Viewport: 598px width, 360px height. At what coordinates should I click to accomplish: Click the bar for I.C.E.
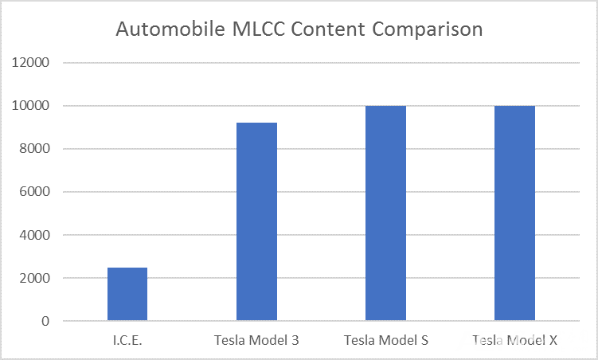[x=127, y=294]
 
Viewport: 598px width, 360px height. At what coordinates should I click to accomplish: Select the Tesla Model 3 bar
[x=256, y=221]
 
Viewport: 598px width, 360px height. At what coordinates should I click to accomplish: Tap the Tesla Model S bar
[x=385, y=213]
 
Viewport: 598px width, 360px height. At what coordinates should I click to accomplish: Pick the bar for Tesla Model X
[x=515, y=213]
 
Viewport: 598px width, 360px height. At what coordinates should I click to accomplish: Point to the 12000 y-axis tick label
[x=30, y=62]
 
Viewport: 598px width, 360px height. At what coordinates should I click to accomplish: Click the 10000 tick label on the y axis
[x=30, y=106]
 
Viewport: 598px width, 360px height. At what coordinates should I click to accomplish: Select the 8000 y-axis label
[x=34, y=149]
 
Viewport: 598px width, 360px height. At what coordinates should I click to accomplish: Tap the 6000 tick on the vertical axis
[x=34, y=192]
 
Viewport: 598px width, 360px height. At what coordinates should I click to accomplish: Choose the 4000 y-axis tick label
[x=34, y=235]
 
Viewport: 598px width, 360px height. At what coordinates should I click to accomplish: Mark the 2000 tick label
[x=34, y=278]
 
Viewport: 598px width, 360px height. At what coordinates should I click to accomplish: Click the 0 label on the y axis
[x=45, y=321]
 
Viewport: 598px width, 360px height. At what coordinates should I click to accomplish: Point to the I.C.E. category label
[x=127, y=340]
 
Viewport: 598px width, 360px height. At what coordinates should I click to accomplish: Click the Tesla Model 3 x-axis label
[x=256, y=340]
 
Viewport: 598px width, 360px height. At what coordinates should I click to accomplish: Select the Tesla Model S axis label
[x=386, y=340]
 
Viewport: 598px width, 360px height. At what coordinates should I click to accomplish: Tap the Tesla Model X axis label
[x=515, y=340]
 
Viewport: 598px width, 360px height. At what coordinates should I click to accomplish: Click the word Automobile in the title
[x=170, y=29]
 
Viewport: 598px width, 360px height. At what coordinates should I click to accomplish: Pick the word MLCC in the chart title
[x=259, y=29]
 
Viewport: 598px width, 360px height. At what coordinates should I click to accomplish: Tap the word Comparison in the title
[x=427, y=29]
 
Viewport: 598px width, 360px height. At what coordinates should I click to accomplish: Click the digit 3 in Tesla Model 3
[x=295, y=340]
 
